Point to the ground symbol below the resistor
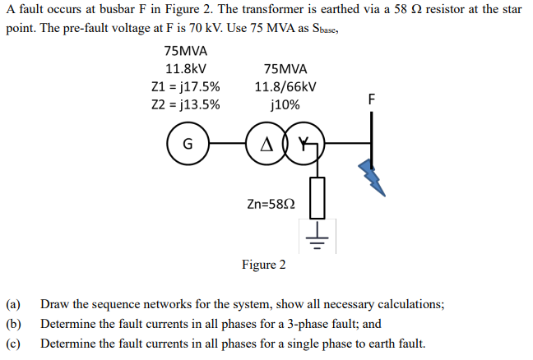317,238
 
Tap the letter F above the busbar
372,99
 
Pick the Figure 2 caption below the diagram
264,265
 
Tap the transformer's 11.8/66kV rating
285,87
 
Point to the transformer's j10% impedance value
285,104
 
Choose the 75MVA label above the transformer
285,69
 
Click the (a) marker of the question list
12,304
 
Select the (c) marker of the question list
12,344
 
